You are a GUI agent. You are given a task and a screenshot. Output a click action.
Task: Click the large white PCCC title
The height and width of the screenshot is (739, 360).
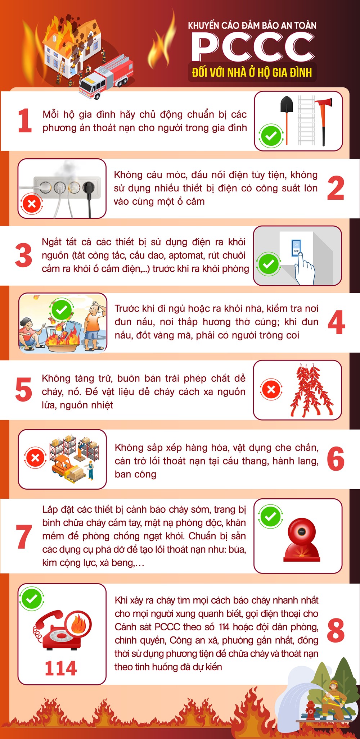tap(253, 47)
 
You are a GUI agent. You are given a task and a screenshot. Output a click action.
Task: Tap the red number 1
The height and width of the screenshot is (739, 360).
tap(25, 121)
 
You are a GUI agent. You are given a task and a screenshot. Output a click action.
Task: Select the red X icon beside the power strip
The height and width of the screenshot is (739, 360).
tap(32, 204)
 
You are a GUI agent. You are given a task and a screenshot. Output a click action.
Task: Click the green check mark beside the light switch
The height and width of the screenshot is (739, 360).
tap(269, 264)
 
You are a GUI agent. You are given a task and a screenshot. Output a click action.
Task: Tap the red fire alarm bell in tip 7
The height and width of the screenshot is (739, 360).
tap(301, 540)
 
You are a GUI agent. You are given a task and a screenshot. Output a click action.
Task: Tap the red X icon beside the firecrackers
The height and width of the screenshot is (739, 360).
tap(271, 389)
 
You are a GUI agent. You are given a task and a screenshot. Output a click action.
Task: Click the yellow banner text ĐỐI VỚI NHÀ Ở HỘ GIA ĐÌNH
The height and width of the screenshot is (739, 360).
tap(252, 72)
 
